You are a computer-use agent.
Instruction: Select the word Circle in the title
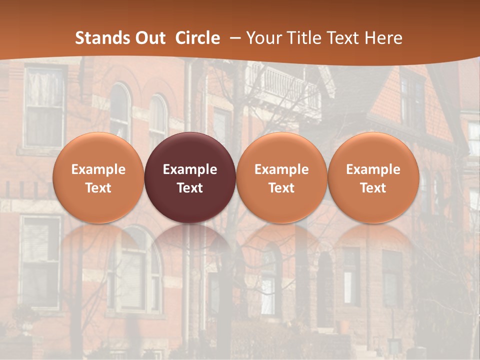tap(197, 38)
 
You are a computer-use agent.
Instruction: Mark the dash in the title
tap(234, 38)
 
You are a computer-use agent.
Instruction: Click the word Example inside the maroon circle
tap(190, 169)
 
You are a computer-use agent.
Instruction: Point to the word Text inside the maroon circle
tap(190, 188)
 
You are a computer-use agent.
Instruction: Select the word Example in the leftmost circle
tap(98, 169)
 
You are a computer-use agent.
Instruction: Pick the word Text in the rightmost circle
tap(373, 188)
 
